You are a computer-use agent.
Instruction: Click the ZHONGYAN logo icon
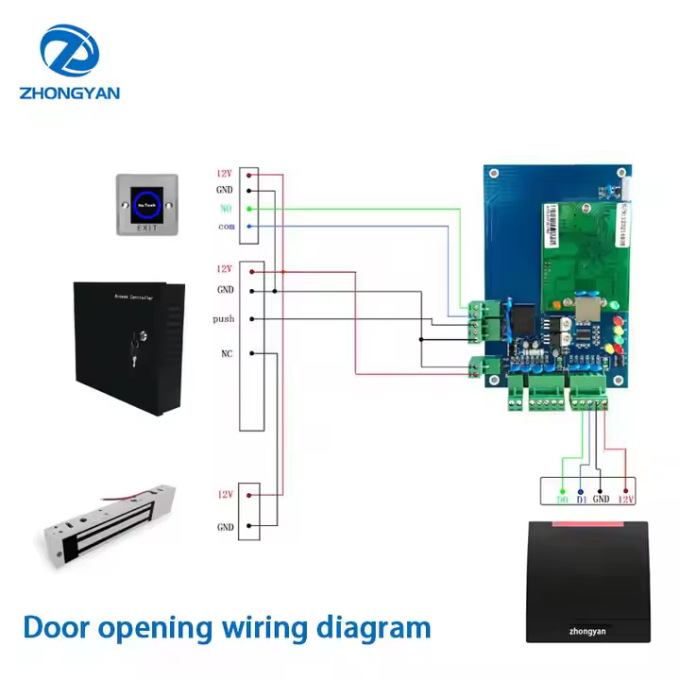point(68,51)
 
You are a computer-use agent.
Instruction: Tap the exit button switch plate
point(145,204)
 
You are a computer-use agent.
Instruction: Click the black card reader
point(586,580)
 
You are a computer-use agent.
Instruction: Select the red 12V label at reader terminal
point(625,498)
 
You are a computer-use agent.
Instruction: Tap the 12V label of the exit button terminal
point(224,174)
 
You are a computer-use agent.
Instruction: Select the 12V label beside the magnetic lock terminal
point(225,494)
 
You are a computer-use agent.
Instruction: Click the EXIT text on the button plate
point(145,229)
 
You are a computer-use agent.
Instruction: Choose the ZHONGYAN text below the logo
point(68,93)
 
